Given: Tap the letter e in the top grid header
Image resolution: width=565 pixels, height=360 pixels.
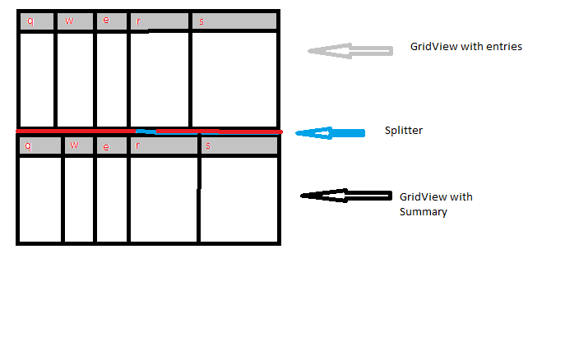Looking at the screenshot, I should click(x=105, y=21).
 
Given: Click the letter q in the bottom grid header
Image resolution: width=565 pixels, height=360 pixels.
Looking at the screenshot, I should click(x=29, y=145).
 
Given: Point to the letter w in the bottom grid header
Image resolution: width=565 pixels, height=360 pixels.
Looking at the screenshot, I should click(x=74, y=145).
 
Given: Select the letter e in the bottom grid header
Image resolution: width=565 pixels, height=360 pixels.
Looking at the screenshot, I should click(x=105, y=145).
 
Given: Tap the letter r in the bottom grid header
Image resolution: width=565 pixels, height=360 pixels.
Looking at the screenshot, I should click(x=138, y=145).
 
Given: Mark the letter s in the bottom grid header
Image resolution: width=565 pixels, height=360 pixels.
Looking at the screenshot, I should click(x=207, y=145).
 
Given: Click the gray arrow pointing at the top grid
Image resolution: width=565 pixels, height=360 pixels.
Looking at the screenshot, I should click(x=350, y=51).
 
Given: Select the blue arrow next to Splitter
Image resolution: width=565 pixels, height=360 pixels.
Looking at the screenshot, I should click(x=330, y=133).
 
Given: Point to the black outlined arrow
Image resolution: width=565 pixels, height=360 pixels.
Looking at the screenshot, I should click(x=345, y=196).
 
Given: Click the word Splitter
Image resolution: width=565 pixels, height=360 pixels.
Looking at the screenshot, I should click(x=404, y=131).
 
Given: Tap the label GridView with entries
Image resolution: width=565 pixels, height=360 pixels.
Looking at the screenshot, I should click(x=465, y=47).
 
